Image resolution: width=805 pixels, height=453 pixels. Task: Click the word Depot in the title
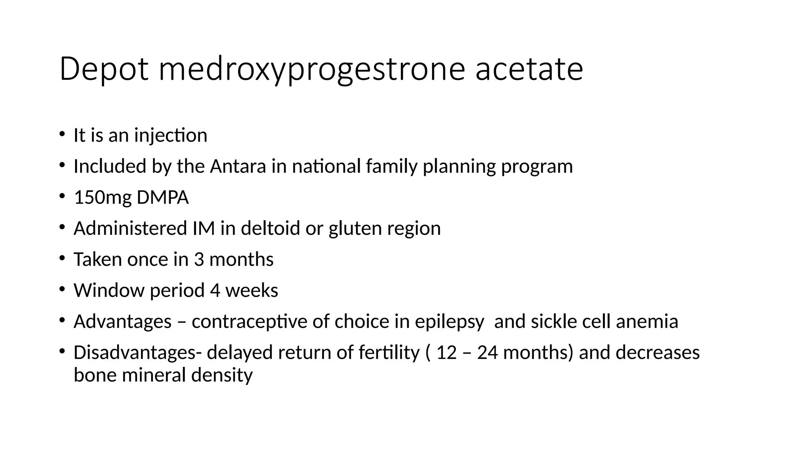pyautogui.click(x=104, y=69)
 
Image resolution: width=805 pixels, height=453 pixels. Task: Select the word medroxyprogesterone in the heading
pyautogui.click(x=312, y=69)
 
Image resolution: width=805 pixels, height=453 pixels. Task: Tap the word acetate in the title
pyautogui.click(x=529, y=69)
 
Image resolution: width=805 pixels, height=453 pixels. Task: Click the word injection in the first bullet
pyautogui.click(x=171, y=135)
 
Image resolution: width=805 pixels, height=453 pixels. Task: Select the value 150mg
pyautogui.click(x=103, y=197)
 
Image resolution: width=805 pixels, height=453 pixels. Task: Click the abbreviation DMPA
pyautogui.click(x=163, y=197)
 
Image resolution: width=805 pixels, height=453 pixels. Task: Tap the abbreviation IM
pyautogui.click(x=204, y=228)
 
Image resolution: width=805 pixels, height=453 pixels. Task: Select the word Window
pyautogui.click(x=109, y=290)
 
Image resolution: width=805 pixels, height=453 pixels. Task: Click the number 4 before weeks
pyautogui.click(x=215, y=290)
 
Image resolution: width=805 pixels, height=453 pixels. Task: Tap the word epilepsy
pyautogui.click(x=450, y=321)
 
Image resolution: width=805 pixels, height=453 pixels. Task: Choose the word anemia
pyautogui.click(x=647, y=321)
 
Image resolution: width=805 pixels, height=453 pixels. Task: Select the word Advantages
pyautogui.click(x=123, y=321)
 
